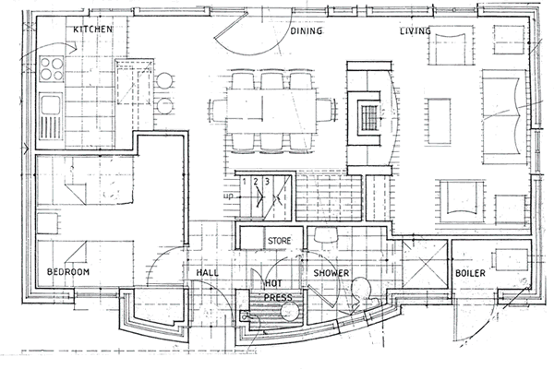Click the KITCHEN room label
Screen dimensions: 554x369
(92, 29)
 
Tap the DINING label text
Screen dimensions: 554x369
(307, 31)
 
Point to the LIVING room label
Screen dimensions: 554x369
(415, 31)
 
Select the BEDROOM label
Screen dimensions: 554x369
(68, 271)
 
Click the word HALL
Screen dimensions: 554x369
(208, 273)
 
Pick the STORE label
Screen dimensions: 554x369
(280, 241)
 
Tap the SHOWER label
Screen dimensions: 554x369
(331, 273)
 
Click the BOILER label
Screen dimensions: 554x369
(470, 273)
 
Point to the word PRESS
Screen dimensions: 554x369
(279, 297)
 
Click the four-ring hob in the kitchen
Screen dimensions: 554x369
(51, 69)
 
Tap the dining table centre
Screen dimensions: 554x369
(271, 111)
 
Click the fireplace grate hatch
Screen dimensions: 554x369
(368, 118)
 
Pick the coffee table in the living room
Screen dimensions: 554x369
(440, 122)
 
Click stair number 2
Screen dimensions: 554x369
(256, 182)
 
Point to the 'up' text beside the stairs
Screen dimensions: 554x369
(229, 196)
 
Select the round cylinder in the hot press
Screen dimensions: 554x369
(290, 312)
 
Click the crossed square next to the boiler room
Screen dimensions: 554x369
(425, 264)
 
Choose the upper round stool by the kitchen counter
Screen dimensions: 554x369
(164, 80)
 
